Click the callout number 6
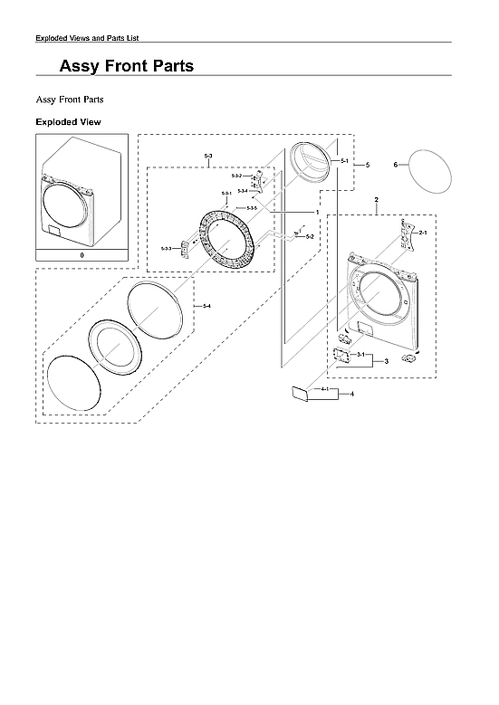click(396, 165)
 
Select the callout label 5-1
click(344, 160)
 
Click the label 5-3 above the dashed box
click(208, 157)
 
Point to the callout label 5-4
click(206, 307)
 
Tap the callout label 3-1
click(360, 355)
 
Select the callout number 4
click(352, 395)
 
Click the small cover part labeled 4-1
click(299, 393)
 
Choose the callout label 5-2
click(310, 236)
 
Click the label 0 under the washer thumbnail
click(82, 256)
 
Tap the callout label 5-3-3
click(166, 248)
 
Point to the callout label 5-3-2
click(236, 175)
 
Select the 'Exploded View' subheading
click(68, 121)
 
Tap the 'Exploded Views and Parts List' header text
click(87, 37)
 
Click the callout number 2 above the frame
click(376, 198)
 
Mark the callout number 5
click(367, 165)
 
